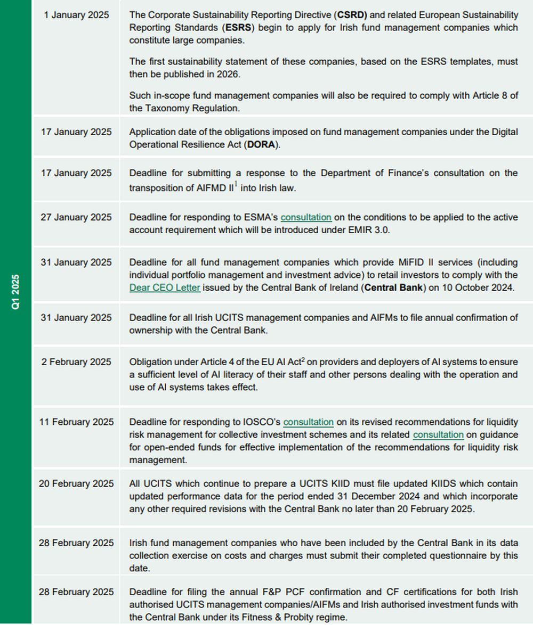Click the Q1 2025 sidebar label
coord(16,292)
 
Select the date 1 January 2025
coord(76,15)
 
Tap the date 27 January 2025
coord(76,217)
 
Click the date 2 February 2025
coord(76,362)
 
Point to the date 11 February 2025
coord(76,422)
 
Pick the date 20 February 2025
coord(76,484)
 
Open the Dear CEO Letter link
coord(165,287)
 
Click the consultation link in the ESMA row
coord(306,217)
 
